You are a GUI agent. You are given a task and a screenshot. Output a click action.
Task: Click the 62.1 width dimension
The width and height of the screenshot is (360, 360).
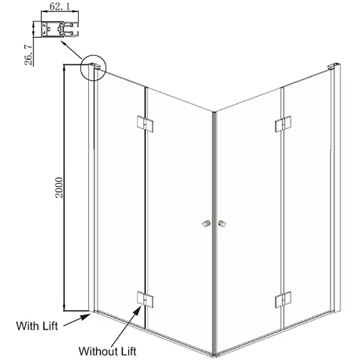pos(60,7)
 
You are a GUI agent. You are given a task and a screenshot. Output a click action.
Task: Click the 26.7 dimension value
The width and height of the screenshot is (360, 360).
pos(29,55)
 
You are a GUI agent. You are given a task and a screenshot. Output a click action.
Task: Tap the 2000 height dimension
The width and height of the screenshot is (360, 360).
pos(59,187)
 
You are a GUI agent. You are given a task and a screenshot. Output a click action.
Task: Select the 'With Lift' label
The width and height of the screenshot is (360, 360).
pos(37,326)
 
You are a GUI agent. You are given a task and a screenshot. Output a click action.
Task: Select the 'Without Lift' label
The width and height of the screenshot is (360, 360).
pos(108,351)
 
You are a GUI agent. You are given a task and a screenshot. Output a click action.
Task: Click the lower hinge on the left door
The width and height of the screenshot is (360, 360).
pos(145,299)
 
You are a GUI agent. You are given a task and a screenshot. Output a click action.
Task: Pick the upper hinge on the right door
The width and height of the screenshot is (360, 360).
pos(283,124)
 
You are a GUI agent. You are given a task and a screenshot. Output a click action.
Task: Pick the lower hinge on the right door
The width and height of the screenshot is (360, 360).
pos(283,300)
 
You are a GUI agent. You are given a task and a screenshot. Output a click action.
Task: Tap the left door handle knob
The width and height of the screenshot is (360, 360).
pos(207,223)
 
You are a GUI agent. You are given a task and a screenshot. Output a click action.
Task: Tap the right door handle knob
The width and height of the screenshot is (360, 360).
pos(222,223)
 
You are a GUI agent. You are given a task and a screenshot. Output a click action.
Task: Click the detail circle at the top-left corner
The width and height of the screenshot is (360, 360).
pos(93,68)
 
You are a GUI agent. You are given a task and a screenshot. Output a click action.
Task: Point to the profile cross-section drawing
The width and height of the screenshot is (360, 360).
pos(60,29)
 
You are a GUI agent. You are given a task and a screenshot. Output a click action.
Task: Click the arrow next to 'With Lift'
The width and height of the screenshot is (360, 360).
pos(77,320)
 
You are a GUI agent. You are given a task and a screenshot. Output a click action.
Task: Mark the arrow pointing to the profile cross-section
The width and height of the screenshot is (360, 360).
pos(71,50)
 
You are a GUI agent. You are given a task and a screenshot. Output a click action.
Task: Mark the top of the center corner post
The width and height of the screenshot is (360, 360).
pos(214,112)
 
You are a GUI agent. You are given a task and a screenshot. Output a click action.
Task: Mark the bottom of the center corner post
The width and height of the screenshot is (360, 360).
pos(214,355)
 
